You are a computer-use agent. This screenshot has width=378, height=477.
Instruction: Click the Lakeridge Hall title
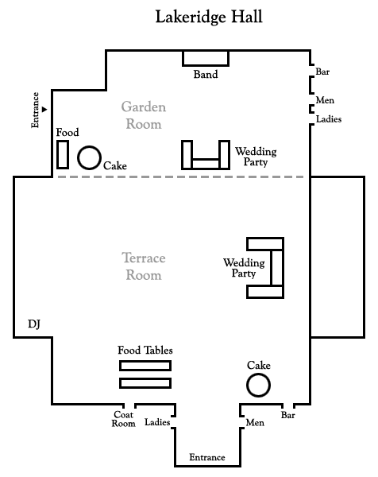click(x=209, y=17)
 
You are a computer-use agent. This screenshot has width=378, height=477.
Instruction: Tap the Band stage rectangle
click(x=206, y=65)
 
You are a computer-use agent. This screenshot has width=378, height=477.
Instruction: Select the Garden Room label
click(x=144, y=115)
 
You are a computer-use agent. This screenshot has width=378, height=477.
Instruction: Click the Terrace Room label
click(x=144, y=266)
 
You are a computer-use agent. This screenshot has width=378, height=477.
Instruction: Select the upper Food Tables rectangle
click(x=145, y=361)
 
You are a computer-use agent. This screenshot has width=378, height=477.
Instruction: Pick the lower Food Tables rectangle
click(x=145, y=378)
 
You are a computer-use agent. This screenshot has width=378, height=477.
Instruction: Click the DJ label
click(x=34, y=324)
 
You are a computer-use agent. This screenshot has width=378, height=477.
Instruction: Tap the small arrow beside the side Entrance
click(x=44, y=109)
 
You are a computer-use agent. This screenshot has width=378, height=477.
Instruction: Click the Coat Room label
click(x=123, y=419)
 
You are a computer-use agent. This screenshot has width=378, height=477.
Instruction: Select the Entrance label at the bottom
click(x=207, y=457)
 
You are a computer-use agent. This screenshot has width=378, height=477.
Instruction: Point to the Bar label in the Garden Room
click(x=322, y=72)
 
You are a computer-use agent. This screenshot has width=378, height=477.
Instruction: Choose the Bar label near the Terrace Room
click(x=287, y=415)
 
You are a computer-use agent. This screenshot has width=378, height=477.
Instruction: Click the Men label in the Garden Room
click(x=325, y=100)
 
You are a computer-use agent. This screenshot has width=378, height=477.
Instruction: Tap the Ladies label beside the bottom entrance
click(x=157, y=422)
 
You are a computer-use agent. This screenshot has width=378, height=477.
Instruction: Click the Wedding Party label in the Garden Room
click(x=256, y=157)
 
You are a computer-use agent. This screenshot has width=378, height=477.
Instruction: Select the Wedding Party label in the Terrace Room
click(x=244, y=268)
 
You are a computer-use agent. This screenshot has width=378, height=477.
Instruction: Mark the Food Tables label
click(x=145, y=350)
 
